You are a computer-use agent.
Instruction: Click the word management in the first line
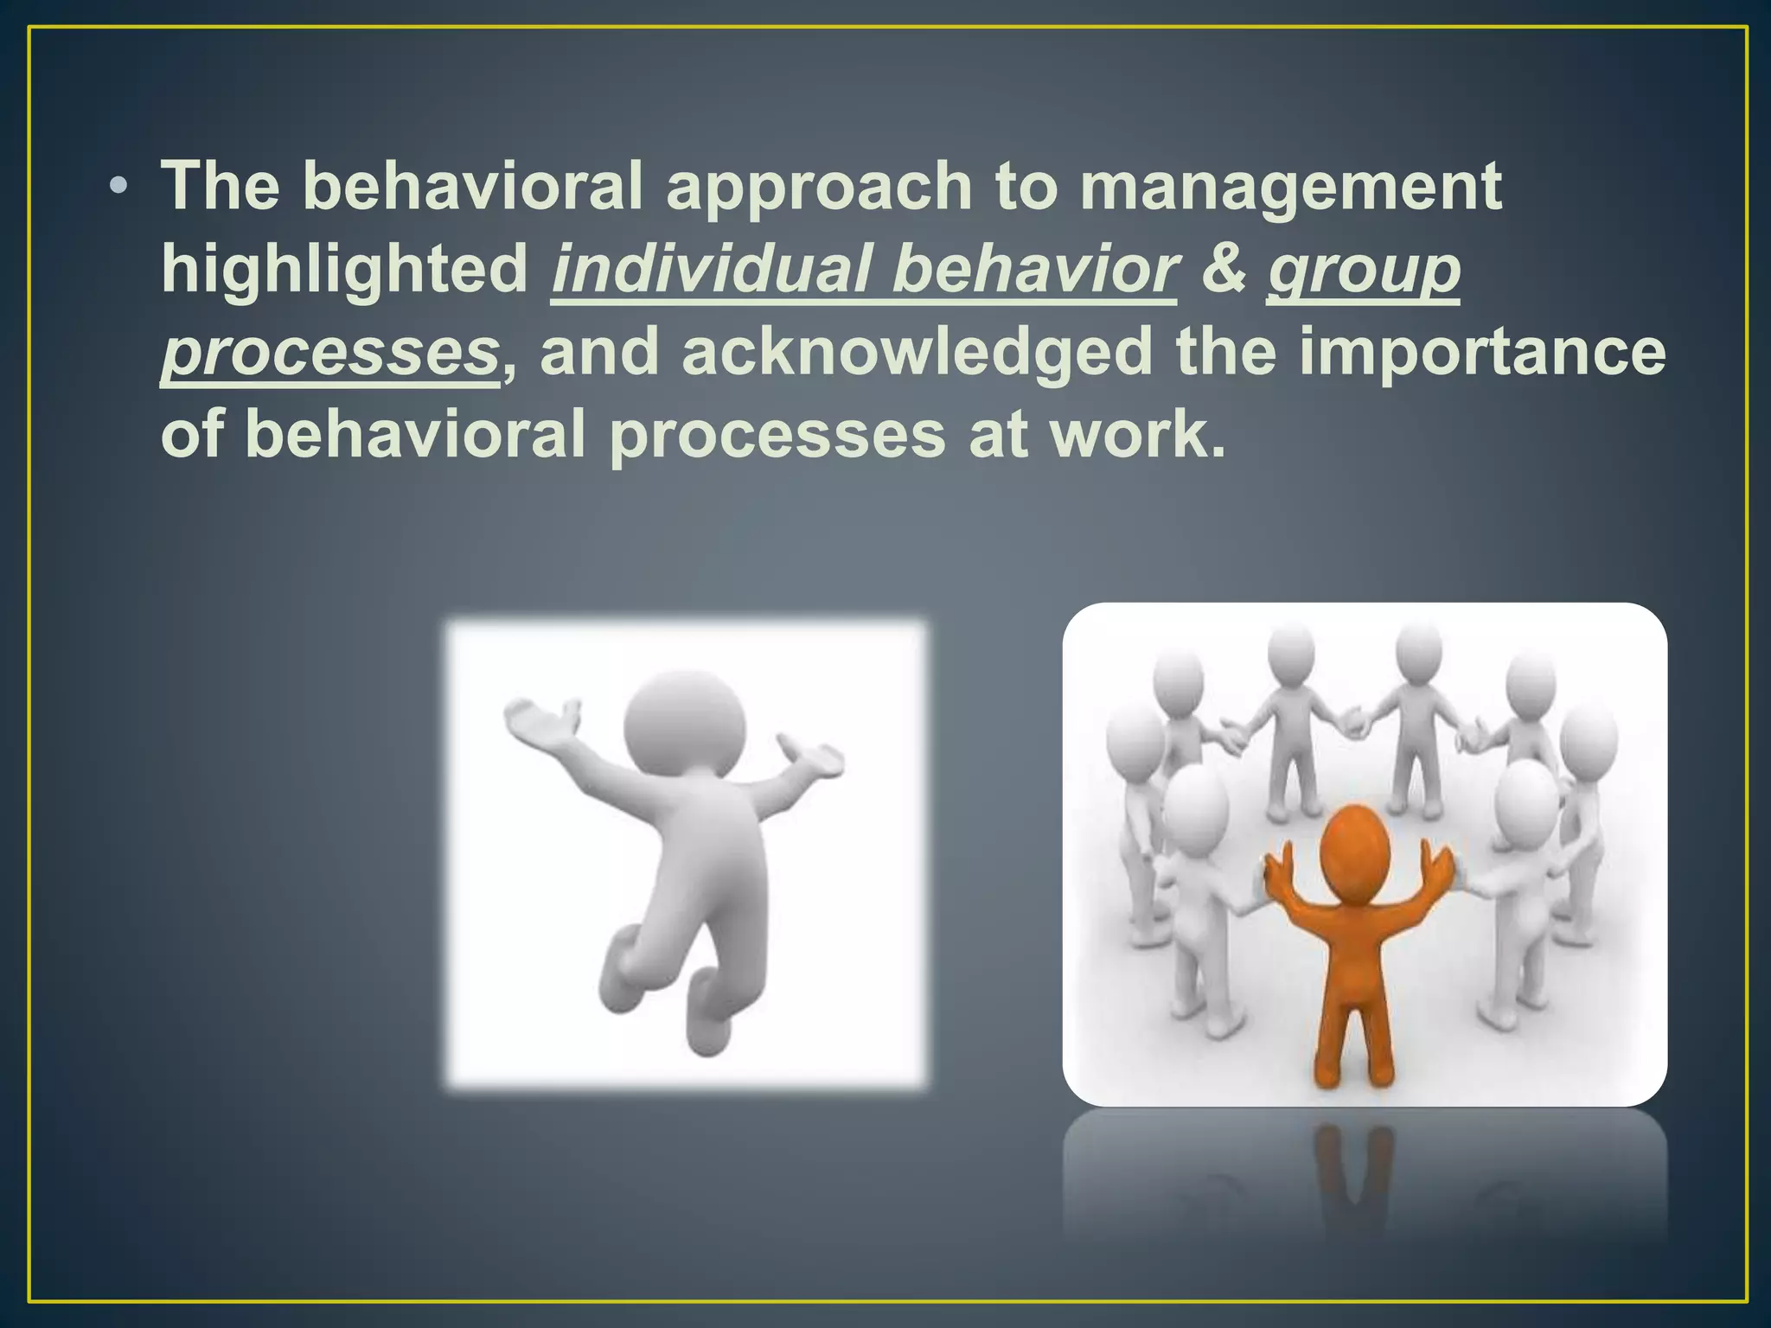(x=1290, y=188)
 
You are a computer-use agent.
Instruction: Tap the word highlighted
(x=344, y=269)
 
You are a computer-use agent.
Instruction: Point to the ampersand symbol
(x=1223, y=269)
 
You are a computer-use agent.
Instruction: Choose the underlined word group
(x=1364, y=269)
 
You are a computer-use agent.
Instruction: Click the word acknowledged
(x=917, y=352)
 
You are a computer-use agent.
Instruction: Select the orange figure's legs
(x=1354, y=1029)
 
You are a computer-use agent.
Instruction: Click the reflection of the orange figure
(x=1354, y=1167)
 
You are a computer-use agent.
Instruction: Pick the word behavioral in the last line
(x=416, y=434)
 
